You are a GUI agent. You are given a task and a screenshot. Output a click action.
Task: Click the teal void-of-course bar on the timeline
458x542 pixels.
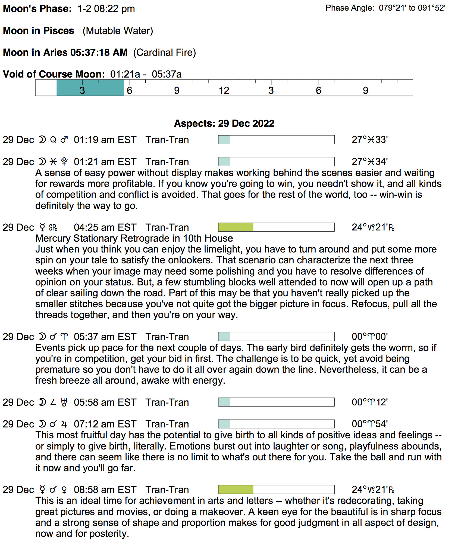pyautogui.click(x=90, y=88)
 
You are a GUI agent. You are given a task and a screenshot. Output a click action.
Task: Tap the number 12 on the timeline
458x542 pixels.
pyautogui.click(x=224, y=90)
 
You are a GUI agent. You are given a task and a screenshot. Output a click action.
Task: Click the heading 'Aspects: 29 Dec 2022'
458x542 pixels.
pyautogui.click(x=224, y=123)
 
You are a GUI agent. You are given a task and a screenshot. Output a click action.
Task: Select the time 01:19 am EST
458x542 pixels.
pyautogui.click(x=105, y=140)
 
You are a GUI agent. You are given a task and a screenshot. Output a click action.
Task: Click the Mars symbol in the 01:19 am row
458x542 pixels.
pyautogui.click(x=64, y=140)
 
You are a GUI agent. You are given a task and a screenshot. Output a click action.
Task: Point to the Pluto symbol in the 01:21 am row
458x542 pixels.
pyautogui.click(x=64, y=162)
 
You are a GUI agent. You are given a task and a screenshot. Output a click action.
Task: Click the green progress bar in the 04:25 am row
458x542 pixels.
pyautogui.click(x=236, y=227)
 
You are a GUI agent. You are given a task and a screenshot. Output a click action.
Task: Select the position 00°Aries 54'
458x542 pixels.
pyautogui.click(x=370, y=424)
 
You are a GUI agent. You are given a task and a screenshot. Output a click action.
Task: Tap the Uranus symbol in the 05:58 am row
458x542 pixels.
pyautogui.click(x=64, y=402)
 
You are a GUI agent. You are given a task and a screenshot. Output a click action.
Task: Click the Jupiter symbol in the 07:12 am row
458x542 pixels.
pyautogui.click(x=64, y=424)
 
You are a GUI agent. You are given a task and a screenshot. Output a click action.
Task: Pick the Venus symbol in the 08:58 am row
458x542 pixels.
pyautogui.click(x=64, y=490)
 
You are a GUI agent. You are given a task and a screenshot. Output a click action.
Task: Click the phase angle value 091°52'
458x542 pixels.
pyautogui.click(x=432, y=8)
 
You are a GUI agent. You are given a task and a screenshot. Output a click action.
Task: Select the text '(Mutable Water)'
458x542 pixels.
pyautogui.click(x=118, y=31)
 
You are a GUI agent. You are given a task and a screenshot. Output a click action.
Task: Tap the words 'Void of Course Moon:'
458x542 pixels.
pyautogui.click(x=54, y=74)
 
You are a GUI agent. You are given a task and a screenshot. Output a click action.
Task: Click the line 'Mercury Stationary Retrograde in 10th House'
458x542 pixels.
pyautogui.click(x=134, y=238)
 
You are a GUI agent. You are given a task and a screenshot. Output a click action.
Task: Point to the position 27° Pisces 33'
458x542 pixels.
pyautogui.click(x=370, y=140)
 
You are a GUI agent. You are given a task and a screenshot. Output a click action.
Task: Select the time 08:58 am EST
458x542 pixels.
pyautogui.click(x=105, y=490)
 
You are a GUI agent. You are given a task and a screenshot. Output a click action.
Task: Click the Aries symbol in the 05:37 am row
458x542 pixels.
pyautogui.click(x=64, y=337)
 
